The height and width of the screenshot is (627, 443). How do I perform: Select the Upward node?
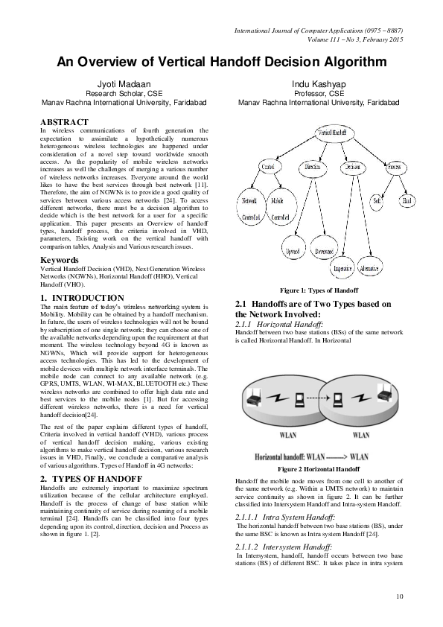point(293,252)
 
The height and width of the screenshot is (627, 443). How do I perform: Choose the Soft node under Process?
point(377,201)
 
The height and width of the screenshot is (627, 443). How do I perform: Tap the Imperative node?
point(342,268)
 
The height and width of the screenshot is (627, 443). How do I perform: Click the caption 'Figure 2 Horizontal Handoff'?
point(319,470)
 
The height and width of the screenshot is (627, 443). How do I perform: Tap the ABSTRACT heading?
point(65,121)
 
